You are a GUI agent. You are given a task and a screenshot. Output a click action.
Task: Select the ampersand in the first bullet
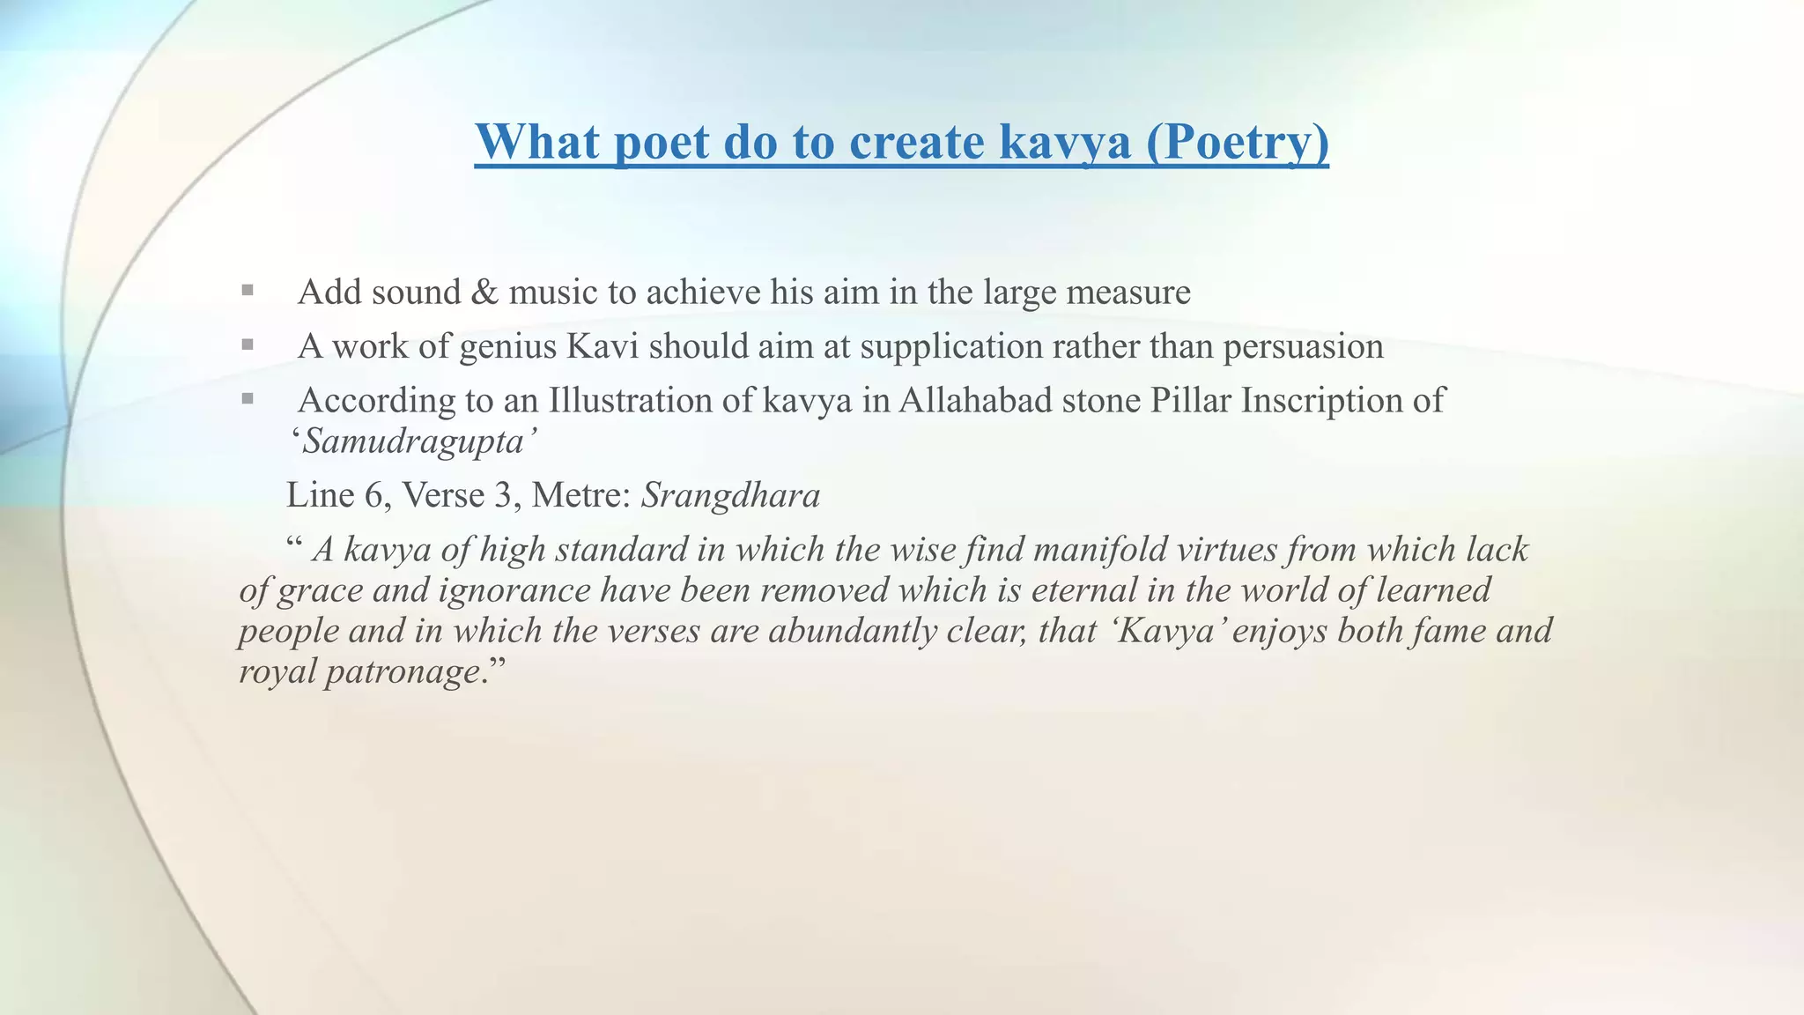pyautogui.click(x=484, y=293)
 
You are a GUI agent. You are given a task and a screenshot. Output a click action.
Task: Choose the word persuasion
pyautogui.click(x=1303, y=347)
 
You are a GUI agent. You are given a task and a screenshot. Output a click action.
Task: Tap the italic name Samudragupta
pyautogui.click(x=413, y=441)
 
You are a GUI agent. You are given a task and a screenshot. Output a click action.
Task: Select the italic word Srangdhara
pyautogui.click(x=730, y=496)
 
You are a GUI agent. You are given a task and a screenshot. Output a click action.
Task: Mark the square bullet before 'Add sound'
pyautogui.click(x=248, y=290)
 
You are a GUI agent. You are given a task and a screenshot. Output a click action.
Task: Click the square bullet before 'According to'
pyautogui.click(x=248, y=399)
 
